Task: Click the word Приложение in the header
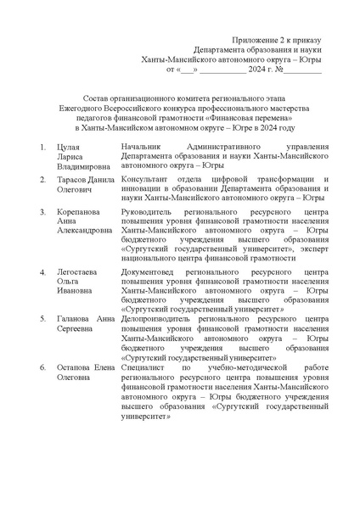254,41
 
